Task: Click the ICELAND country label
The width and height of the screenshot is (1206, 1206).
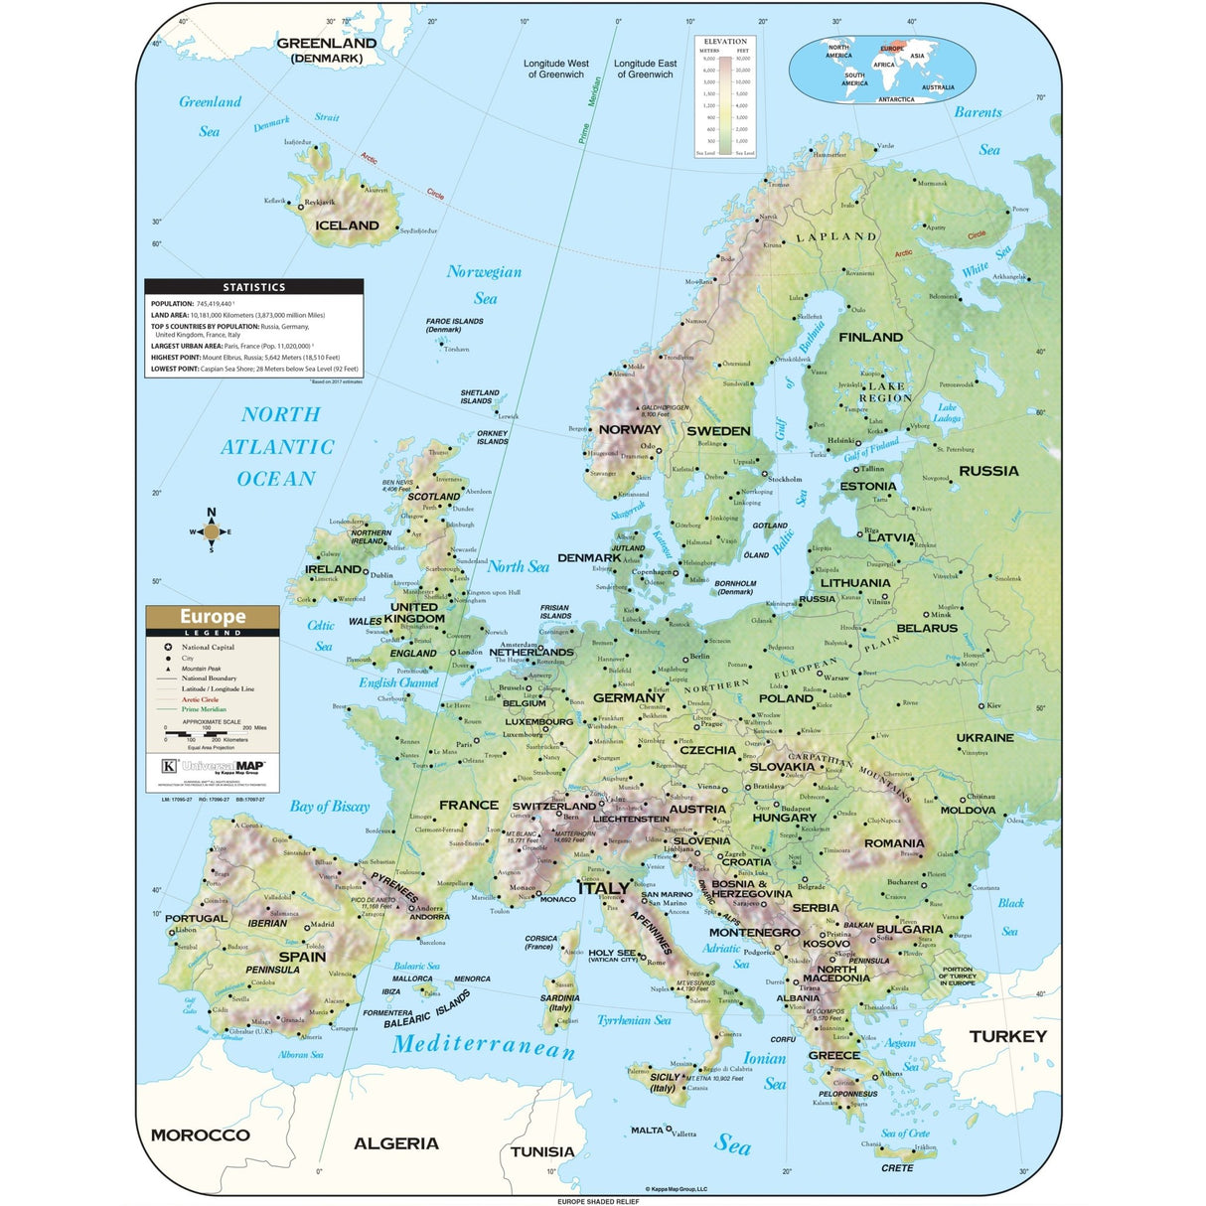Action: [347, 226]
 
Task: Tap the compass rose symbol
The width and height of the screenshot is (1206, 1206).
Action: [211, 531]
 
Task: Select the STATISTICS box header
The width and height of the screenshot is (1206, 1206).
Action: [253, 287]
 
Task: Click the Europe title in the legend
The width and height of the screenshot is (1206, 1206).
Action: [213, 617]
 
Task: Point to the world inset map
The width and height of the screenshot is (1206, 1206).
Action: [881, 71]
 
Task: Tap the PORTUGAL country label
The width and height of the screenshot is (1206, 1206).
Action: [196, 919]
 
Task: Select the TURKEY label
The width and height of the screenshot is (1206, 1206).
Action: [1007, 1036]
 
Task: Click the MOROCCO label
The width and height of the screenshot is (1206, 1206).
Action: [200, 1134]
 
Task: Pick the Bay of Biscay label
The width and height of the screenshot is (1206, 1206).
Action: [329, 807]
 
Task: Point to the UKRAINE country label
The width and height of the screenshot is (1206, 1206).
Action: [984, 738]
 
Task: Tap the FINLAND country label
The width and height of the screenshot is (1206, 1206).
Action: [870, 338]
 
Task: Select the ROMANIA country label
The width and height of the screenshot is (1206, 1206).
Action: [893, 843]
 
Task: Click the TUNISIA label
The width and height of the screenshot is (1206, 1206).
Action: [541, 1151]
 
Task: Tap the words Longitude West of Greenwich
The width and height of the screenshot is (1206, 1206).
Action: [556, 69]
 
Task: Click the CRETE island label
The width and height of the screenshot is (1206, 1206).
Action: [896, 1168]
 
